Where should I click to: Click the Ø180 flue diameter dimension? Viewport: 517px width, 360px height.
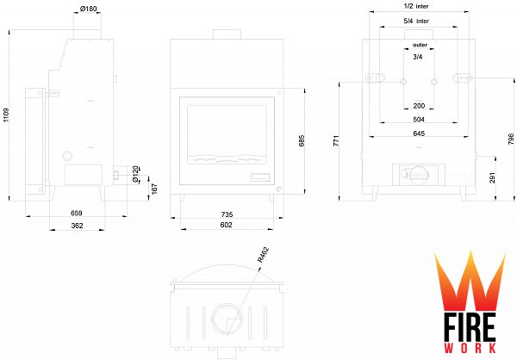[x=89, y=9]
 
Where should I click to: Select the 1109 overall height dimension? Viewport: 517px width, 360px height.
[x=6, y=115]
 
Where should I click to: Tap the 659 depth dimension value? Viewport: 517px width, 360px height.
[x=76, y=213]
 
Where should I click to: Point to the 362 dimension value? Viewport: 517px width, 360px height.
[x=77, y=226]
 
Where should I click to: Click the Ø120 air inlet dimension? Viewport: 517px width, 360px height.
[x=135, y=174]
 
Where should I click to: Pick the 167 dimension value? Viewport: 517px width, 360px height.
[x=154, y=189]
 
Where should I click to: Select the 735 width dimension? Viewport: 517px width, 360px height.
[x=227, y=214]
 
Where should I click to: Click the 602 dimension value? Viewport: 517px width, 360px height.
[x=226, y=225]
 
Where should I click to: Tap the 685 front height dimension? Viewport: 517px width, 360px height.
[x=302, y=140]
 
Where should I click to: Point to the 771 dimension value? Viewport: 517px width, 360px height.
[x=336, y=140]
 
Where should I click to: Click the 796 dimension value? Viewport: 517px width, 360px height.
[x=511, y=139]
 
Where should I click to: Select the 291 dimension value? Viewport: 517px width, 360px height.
[x=492, y=177]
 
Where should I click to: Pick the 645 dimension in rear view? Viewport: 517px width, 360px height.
[x=419, y=133]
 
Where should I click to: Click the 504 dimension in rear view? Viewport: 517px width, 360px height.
[x=419, y=120]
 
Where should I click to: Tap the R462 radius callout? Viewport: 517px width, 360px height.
[x=263, y=255]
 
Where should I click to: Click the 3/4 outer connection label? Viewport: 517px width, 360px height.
[x=418, y=57]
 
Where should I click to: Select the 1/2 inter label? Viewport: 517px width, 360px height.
[x=416, y=6]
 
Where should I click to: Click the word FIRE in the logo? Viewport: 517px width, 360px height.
[x=470, y=327]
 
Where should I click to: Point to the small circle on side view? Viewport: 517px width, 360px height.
[x=67, y=156]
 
